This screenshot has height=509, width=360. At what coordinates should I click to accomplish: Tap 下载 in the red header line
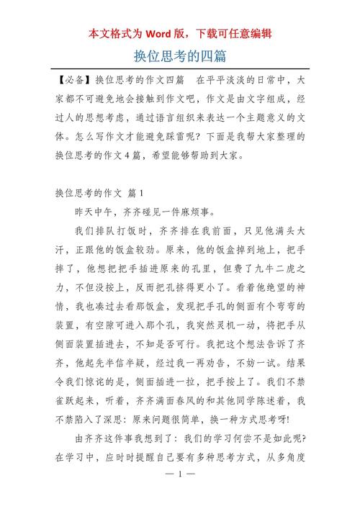click(x=209, y=33)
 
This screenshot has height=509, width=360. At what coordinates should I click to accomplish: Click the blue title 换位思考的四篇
click(x=180, y=55)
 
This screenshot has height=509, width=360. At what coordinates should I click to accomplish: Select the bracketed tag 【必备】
click(x=73, y=79)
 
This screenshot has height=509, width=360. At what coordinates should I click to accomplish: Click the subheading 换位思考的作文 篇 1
click(x=100, y=193)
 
